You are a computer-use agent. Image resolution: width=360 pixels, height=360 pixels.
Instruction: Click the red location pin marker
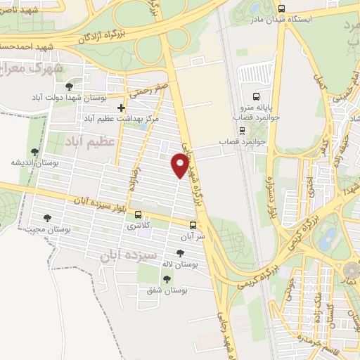(x=180, y=165)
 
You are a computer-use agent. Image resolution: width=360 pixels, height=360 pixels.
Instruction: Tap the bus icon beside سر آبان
(x=193, y=225)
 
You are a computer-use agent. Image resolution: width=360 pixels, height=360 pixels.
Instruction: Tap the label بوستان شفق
(x=167, y=290)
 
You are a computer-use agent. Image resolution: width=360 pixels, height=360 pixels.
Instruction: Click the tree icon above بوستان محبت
(x=47, y=218)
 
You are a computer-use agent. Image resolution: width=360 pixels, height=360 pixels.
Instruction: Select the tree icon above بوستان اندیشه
(x=34, y=151)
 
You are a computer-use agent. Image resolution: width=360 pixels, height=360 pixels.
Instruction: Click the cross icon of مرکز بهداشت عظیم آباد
(x=122, y=108)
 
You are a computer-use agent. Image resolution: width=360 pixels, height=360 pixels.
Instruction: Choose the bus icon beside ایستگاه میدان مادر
(x=281, y=8)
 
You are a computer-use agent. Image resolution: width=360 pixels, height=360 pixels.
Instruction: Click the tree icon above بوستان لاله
(x=181, y=253)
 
